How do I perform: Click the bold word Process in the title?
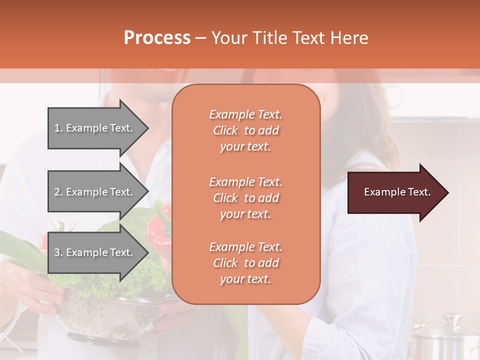tap(157, 38)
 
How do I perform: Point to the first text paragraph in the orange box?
tap(245, 130)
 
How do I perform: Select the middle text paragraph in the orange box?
tap(245, 198)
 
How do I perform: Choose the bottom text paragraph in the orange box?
tap(245, 263)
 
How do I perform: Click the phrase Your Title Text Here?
tap(289, 38)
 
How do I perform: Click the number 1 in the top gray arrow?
tap(57, 128)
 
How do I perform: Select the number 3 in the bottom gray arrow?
tap(57, 252)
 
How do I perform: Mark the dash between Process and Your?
tap(201, 38)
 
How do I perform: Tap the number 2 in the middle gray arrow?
tap(57, 192)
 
